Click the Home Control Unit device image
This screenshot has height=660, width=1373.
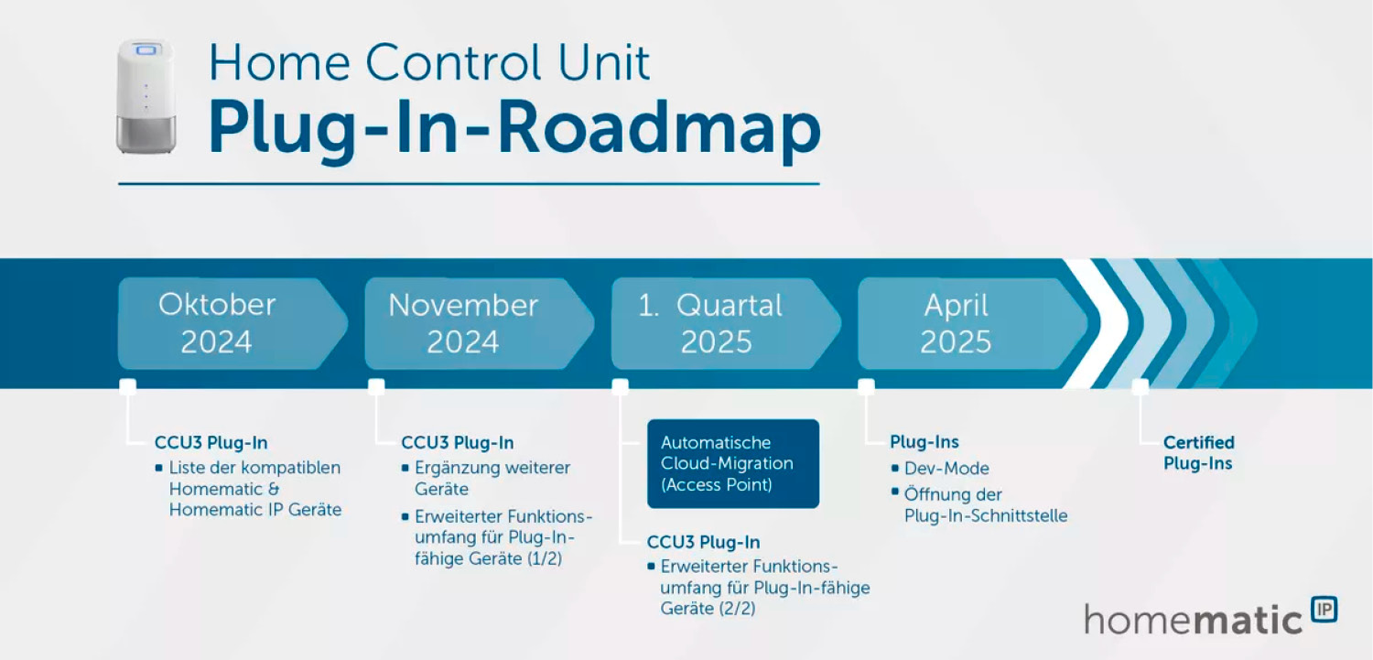pyautogui.click(x=145, y=96)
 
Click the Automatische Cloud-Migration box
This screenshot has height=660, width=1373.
pyautogui.click(x=732, y=463)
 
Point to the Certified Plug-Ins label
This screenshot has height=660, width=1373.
pyautogui.click(x=1198, y=453)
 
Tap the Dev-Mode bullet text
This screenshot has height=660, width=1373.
pyautogui.click(x=946, y=469)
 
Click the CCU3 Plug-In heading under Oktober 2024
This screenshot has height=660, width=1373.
pyautogui.click(x=211, y=443)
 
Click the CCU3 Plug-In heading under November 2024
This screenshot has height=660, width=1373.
pyautogui.click(x=457, y=443)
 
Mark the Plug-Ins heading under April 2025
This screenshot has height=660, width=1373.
pyautogui.click(x=924, y=443)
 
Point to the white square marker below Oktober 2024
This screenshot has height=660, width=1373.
pyautogui.click(x=128, y=386)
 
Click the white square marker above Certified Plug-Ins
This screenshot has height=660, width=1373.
pyautogui.click(x=1140, y=386)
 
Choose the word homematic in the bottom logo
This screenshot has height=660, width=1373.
pyautogui.click(x=1193, y=619)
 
